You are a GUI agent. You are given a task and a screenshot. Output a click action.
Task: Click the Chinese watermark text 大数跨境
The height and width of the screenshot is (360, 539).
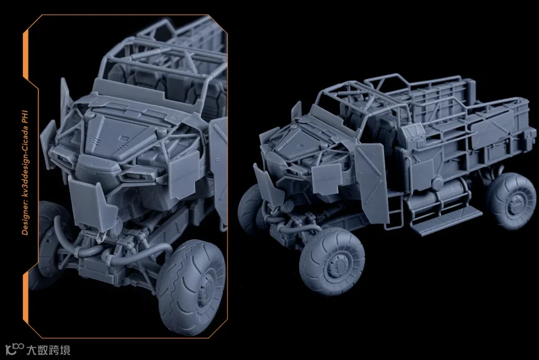pos(48,350)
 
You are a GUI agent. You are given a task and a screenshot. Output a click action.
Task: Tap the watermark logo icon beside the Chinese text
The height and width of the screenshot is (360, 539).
pos(14,349)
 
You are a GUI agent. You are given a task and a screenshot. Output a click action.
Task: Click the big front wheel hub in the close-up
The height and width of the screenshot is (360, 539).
pos(206,289)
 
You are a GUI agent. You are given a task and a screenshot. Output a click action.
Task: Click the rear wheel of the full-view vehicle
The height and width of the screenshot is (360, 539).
pos(512,201)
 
